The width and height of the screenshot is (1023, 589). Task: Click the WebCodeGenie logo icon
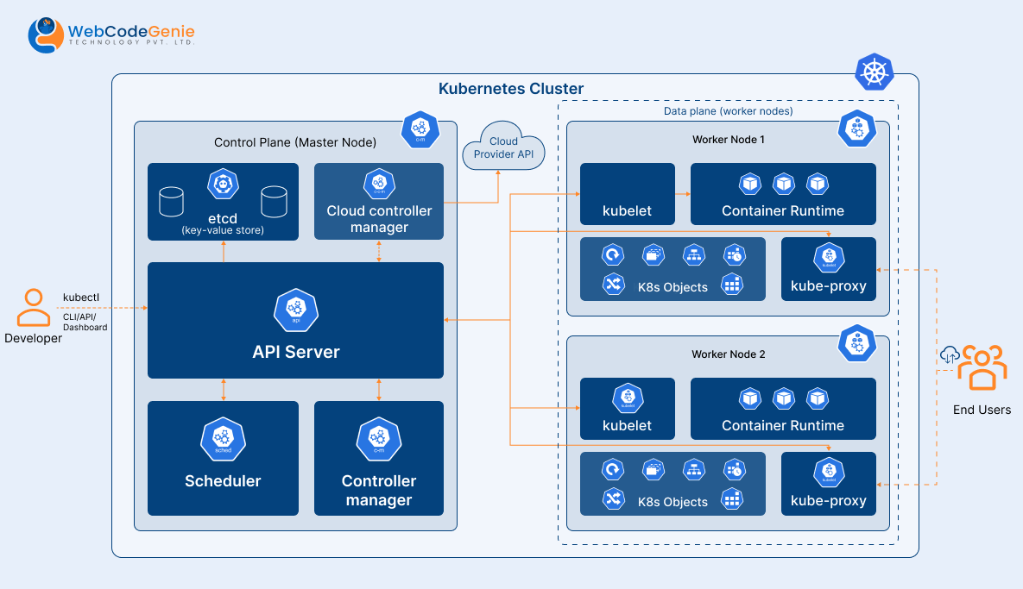tap(47, 34)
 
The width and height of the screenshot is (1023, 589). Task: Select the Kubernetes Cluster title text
tap(511, 89)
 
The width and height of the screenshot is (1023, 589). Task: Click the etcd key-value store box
tap(223, 202)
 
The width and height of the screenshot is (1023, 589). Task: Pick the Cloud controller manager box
tap(379, 202)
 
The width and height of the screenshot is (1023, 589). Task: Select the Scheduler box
tap(223, 458)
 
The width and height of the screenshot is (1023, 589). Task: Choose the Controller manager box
tap(379, 458)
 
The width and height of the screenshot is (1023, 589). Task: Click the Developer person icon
tap(33, 308)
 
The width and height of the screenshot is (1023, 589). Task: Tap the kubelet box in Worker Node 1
tap(627, 194)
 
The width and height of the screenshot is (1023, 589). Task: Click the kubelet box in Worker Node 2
tap(627, 409)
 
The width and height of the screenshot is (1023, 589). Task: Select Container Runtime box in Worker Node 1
tap(783, 194)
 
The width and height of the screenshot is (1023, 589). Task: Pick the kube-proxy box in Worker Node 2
tap(828, 484)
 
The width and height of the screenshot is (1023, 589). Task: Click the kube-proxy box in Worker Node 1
tap(828, 269)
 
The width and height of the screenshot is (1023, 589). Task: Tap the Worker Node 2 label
tap(728, 354)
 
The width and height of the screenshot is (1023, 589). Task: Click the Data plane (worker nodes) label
tap(728, 111)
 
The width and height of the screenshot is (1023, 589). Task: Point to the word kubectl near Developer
tap(81, 298)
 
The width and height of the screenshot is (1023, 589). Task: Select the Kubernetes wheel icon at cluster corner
tap(874, 72)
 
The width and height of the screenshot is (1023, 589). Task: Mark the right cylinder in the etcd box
tap(274, 201)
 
